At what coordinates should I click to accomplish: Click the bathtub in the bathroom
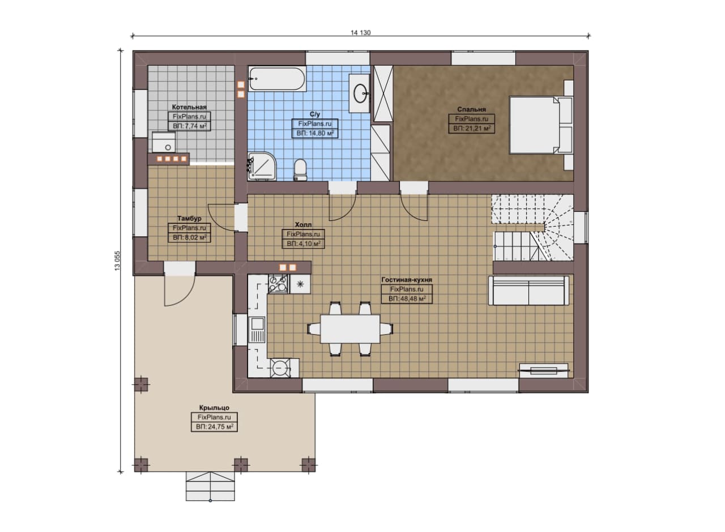277,79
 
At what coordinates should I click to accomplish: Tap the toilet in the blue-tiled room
300,169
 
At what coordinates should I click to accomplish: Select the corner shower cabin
262,166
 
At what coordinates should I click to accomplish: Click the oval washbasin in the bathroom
360,93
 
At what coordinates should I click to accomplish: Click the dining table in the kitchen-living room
350,329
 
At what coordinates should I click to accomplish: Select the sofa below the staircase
528,291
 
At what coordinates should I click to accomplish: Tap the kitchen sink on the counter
257,330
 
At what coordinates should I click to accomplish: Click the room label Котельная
189,107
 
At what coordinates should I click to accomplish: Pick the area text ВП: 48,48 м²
407,299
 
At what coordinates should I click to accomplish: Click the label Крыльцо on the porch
214,408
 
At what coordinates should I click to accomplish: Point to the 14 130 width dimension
361,33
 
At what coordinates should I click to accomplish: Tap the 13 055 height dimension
117,260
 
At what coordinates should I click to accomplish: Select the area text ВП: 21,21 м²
472,129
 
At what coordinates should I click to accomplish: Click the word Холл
303,224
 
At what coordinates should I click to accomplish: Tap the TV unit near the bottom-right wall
544,371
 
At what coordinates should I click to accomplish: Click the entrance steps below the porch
210,486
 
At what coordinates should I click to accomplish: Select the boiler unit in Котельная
164,142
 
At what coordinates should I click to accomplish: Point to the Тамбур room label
189,219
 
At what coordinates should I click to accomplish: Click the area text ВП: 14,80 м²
315,133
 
